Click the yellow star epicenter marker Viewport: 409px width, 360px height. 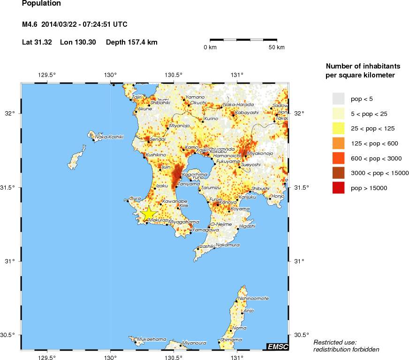pos(149,214)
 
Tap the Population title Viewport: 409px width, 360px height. pos(41,3)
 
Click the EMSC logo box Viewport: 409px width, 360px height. pos(277,346)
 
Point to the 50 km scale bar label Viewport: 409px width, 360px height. pos(277,47)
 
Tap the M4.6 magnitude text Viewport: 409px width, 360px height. pos(31,24)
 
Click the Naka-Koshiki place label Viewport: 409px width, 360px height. pos(109,137)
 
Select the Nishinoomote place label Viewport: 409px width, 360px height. pos(253,298)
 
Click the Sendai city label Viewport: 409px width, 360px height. pos(157,140)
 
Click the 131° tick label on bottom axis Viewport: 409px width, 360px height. pos(237,356)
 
